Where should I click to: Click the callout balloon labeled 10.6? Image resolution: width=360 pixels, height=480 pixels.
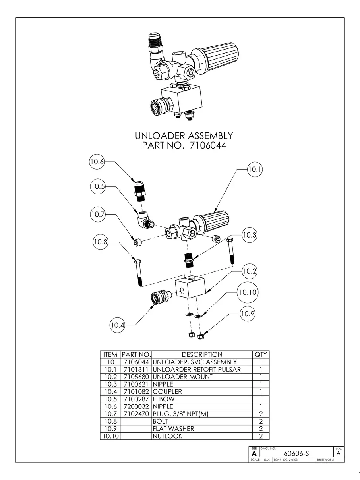(97, 162)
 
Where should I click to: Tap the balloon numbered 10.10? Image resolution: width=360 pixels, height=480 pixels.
(248, 292)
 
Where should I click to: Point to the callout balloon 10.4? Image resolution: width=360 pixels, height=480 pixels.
(118, 325)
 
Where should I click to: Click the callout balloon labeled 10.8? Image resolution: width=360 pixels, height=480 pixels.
(101, 241)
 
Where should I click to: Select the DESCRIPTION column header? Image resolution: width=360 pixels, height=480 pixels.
(202, 354)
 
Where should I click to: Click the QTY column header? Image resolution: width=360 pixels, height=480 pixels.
(261, 354)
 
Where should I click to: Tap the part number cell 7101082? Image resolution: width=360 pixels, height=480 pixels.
(136, 392)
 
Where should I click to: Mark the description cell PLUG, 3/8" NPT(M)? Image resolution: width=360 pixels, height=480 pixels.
(181, 414)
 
